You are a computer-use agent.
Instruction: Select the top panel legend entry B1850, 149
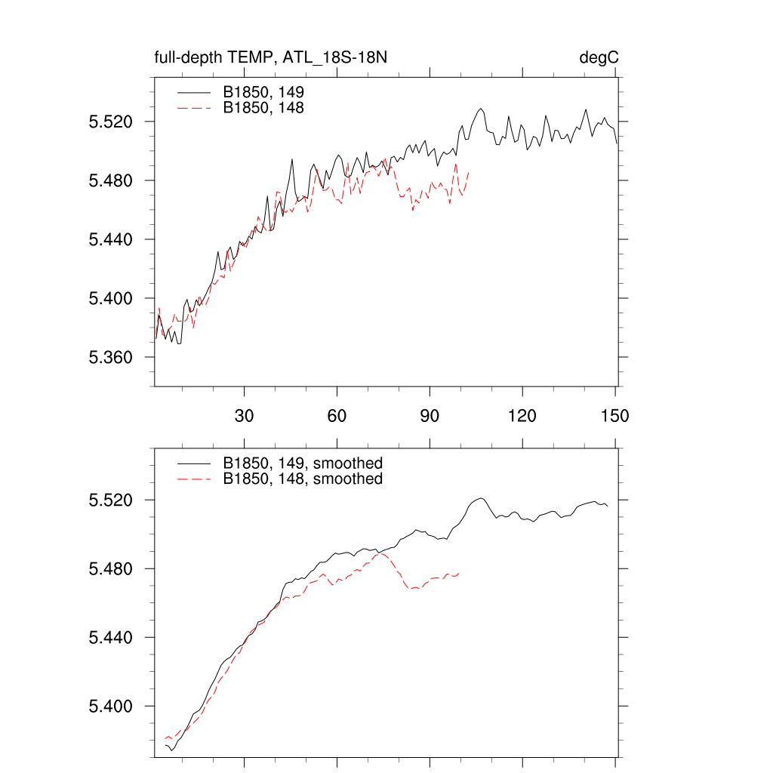pos(263,91)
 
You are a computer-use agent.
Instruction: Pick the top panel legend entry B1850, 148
pos(263,108)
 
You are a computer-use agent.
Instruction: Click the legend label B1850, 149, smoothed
pos(303,463)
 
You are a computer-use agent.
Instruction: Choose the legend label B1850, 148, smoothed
pos(303,479)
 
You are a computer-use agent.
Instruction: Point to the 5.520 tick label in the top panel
pos(111,122)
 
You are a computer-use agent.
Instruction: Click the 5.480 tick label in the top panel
pos(111,181)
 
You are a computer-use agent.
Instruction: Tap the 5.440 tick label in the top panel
pos(111,240)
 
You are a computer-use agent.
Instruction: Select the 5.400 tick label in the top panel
pos(111,299)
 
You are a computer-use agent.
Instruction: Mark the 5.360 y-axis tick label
pos(111,358)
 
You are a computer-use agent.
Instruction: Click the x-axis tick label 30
pos(244,416)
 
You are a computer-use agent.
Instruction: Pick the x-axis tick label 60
pos(337,416)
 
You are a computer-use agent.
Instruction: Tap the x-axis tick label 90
pos(430,416)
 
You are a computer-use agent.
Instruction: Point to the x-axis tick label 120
pos(522,416)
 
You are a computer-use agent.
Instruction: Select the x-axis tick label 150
pos(615,416)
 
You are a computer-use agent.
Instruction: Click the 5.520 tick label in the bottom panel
pos(111,500)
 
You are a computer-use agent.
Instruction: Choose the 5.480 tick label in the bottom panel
pos(111,569)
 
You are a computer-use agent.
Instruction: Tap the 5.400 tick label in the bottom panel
pos(111,707)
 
